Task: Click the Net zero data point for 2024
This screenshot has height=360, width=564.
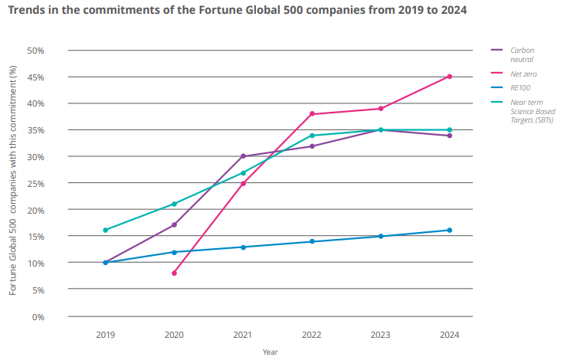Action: coord(450,77)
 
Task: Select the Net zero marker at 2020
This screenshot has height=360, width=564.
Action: coord(175,273)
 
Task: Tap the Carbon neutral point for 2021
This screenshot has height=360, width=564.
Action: coord(243,156)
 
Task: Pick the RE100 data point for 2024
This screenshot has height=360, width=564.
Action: coord(450,230)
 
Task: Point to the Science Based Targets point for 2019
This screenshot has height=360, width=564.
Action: coord(106,230)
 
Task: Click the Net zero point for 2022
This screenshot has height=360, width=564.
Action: coord(312,114)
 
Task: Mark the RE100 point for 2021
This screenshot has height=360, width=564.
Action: coord(243,247)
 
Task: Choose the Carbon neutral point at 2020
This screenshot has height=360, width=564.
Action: coord(175,225)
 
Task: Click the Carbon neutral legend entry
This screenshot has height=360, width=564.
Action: coord(513,54)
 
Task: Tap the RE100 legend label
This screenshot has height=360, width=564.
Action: coord(520,88)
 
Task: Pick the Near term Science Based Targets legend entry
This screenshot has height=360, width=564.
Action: coord(523,111)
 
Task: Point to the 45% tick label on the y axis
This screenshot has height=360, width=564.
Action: coord(35,77)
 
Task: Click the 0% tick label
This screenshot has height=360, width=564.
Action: coord(38,317)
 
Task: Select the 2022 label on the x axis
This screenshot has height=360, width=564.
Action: coord(311,335)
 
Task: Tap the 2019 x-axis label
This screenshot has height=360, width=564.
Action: coord(106,335)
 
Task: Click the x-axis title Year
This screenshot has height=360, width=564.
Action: coord(271,352)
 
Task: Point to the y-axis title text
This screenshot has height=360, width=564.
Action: coord(13,181)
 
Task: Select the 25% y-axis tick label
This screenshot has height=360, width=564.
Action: coord(35,184)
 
